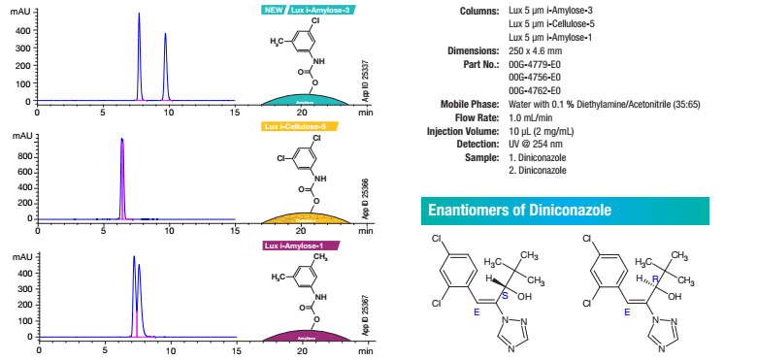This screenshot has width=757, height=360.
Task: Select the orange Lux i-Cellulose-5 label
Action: [x=299, y=126]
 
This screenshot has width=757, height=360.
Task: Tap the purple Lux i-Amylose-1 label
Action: [x=301, y=245]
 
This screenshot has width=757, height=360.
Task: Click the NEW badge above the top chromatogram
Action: [x=274, y=9]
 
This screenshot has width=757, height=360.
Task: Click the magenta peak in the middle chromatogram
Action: [x=122, y=142]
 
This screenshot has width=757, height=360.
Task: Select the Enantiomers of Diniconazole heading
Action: [x=515, y=210]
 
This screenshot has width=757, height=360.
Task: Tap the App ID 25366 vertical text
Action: [x=366, y=197]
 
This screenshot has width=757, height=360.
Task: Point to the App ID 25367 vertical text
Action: [x=366, y=315]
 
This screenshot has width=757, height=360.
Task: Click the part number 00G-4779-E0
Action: [x=536, y=64]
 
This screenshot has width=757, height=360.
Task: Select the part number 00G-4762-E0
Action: [x=536, y=91]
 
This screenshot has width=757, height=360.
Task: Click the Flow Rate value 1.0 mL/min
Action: [x=532, y=117]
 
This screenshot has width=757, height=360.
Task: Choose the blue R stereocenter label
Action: [x=655, y=278]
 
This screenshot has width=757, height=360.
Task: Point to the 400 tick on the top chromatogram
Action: [x=21, y=30]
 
